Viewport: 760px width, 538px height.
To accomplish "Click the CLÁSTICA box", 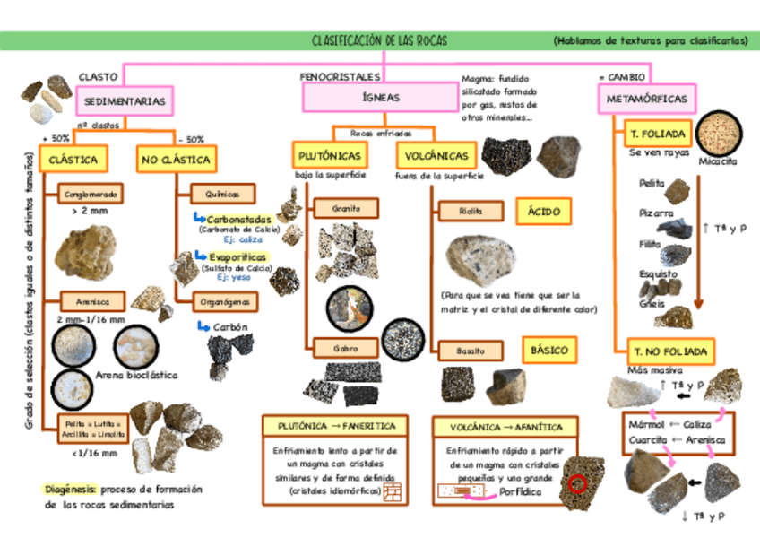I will [73, 160].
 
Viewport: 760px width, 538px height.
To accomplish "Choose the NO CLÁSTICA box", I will [175, 160].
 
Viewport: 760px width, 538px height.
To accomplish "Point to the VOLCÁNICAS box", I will [436, 155].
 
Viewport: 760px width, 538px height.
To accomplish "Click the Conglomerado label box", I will [88, 194].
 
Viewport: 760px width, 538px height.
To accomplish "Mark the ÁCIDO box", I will [544, 212].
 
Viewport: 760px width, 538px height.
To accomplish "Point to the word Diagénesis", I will [71, 490].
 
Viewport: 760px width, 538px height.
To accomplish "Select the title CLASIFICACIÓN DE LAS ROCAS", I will [379, 41].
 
